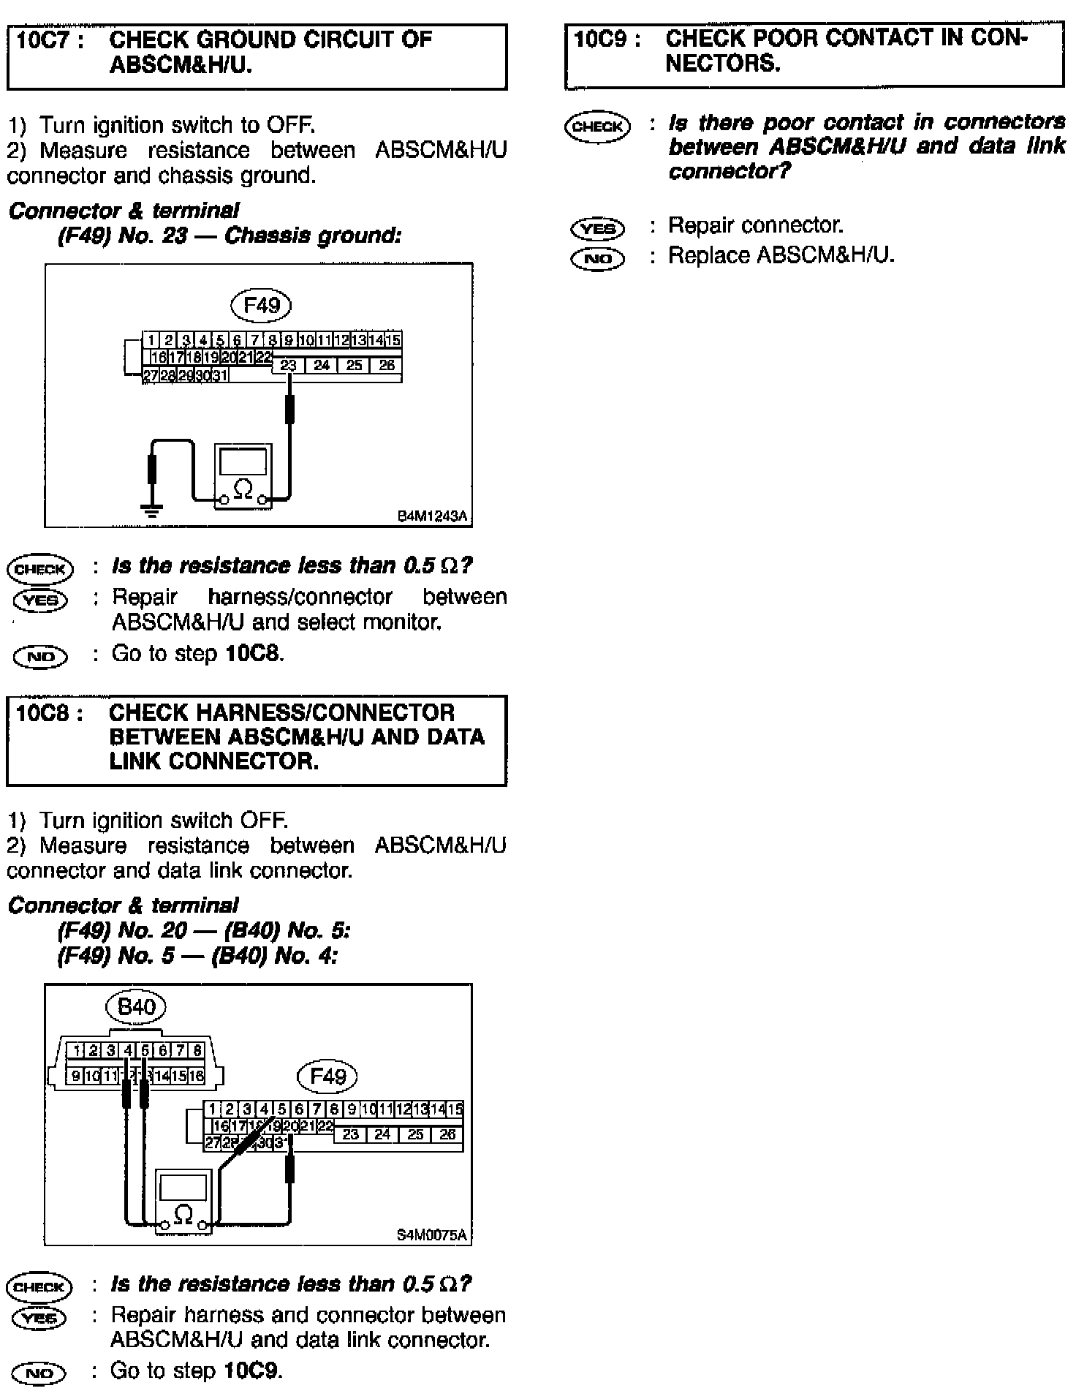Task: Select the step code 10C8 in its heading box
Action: pos(44,712)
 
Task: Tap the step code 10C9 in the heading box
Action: pos(602,39)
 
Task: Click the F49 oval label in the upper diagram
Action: pos(261,304)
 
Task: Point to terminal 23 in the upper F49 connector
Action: pos(289,365)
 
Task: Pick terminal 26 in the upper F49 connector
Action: pos(387,365)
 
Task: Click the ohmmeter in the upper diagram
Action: pos(243,475)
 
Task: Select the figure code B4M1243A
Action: pos(431,516)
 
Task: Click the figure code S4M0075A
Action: pos(431,1235)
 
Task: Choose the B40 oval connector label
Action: pos(136,1007)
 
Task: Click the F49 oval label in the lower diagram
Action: pos(327,1076)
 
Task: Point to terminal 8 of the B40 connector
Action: pos(197,1051)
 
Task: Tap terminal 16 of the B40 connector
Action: pos(197,1076)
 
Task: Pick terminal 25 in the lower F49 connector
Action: pos(415,1134)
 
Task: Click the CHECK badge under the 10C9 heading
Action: pos(597,127)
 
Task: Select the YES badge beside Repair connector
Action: pos(597,229)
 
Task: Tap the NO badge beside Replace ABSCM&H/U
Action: pos(597,259)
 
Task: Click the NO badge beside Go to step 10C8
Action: pos(40,657)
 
